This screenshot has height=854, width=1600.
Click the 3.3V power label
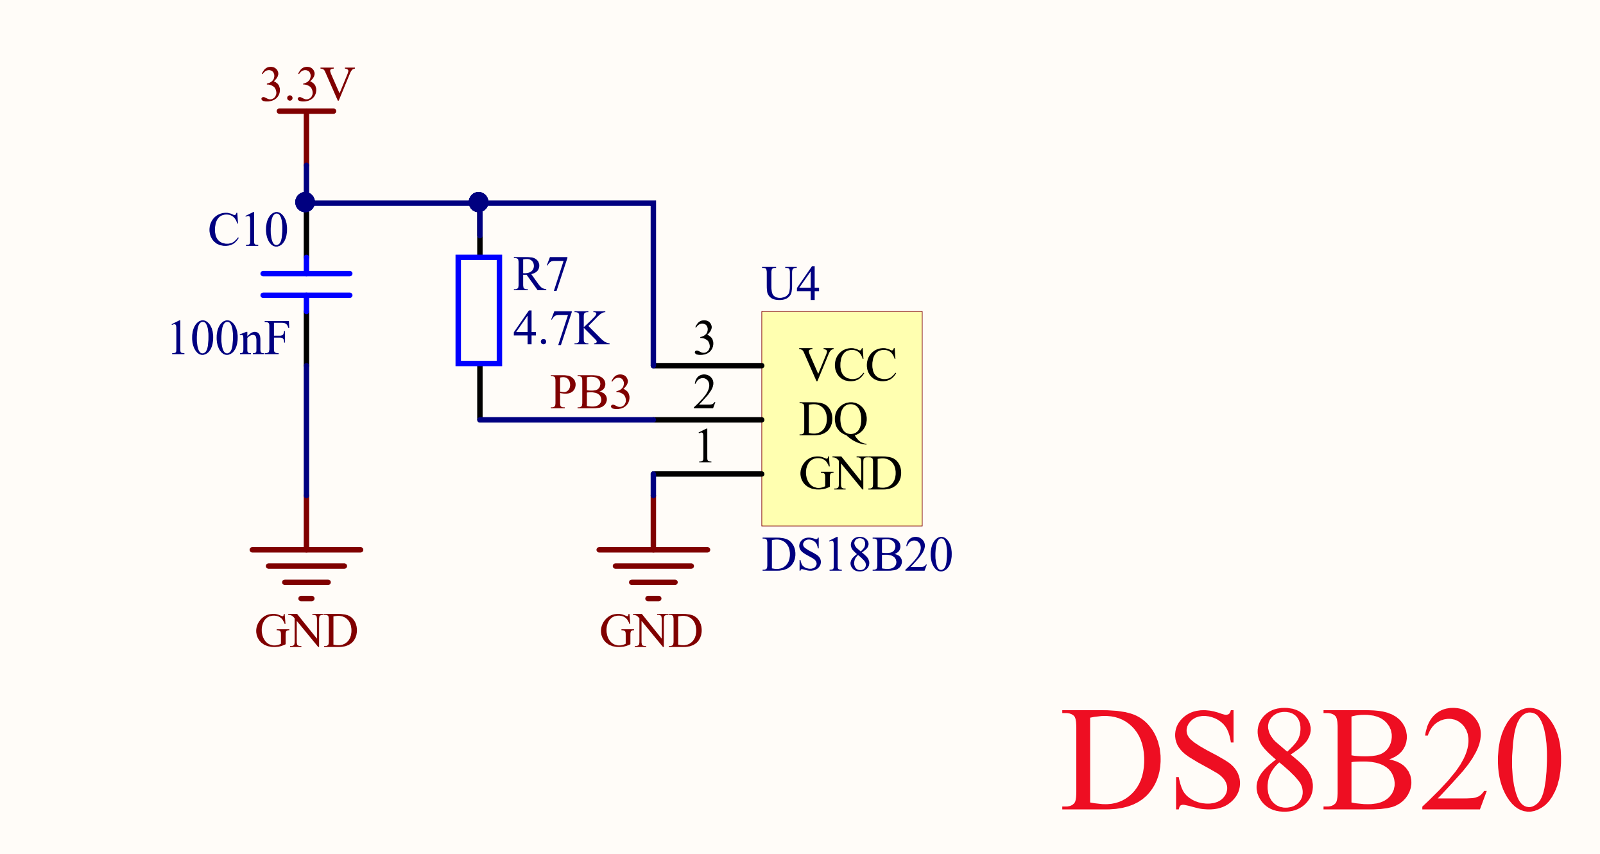tap(307, 85)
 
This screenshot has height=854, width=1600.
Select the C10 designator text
tap(248, 230)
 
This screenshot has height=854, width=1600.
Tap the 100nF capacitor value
tap(229, 338)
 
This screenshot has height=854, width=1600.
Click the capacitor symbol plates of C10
tap(306, 284)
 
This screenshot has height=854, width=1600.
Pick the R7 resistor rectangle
tap(479, 310)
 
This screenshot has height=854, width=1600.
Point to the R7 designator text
tap(540, 274)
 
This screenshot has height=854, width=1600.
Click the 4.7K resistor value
tap(560, 328)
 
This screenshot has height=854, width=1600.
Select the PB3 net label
tap(590, 392)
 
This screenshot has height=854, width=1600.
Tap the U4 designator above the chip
tap(791, 283)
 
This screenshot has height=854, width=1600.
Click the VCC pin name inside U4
tap(848, 365)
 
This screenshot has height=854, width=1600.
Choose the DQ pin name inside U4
tap(833, 420)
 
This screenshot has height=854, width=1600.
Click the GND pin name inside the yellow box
tap(850, 474)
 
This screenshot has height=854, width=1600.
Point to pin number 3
tap(704, 338)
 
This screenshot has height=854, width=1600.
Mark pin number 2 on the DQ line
tap(704, 392)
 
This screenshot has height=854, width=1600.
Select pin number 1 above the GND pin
tap(705, 446)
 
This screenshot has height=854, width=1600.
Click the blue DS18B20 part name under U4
tap(857, 554)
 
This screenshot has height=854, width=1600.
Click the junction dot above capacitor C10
tap(305, 202)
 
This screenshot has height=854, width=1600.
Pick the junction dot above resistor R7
tap(479, 202)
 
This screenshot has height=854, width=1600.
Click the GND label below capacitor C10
tap(306, 631)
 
